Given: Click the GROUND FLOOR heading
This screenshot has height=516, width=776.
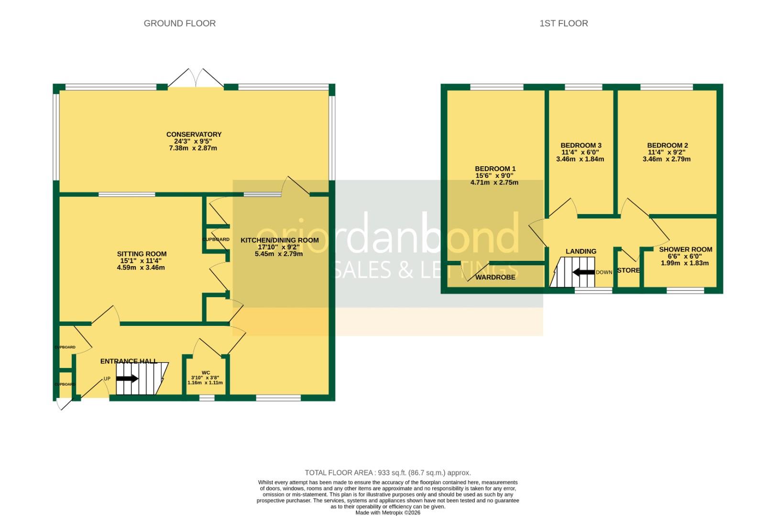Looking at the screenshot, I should tap(179, 23).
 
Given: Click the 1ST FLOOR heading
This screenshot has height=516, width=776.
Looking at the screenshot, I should tap(563, 23).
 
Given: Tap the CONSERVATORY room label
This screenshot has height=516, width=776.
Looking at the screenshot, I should tap(194, 134).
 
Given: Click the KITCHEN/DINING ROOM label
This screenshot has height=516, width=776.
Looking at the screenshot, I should tap(279, 240).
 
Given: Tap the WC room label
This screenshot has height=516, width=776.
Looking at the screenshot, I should tap(206, 372).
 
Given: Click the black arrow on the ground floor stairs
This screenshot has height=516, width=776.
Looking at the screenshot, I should tap(127, 378).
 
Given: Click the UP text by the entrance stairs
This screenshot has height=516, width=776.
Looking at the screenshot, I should tap(107, 378).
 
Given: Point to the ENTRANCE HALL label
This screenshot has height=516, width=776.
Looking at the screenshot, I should tap(129, 361).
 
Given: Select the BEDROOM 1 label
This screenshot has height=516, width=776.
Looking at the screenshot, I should tap(495, 169).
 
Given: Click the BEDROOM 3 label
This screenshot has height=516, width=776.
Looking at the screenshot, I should tap(580, 145).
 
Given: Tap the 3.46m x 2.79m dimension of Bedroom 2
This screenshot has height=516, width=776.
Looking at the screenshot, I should tap(666, 159).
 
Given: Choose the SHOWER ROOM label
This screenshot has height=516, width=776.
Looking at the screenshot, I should tap(685, 249).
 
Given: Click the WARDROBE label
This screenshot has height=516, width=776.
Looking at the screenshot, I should tap(495, 277).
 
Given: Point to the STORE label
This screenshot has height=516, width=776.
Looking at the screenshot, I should tap(628, 270).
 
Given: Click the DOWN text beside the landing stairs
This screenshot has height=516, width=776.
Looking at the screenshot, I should tap(604, 272).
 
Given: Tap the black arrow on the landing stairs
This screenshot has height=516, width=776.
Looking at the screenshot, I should tap(583, 272).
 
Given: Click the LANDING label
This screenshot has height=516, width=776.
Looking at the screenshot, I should tap(580, 251).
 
